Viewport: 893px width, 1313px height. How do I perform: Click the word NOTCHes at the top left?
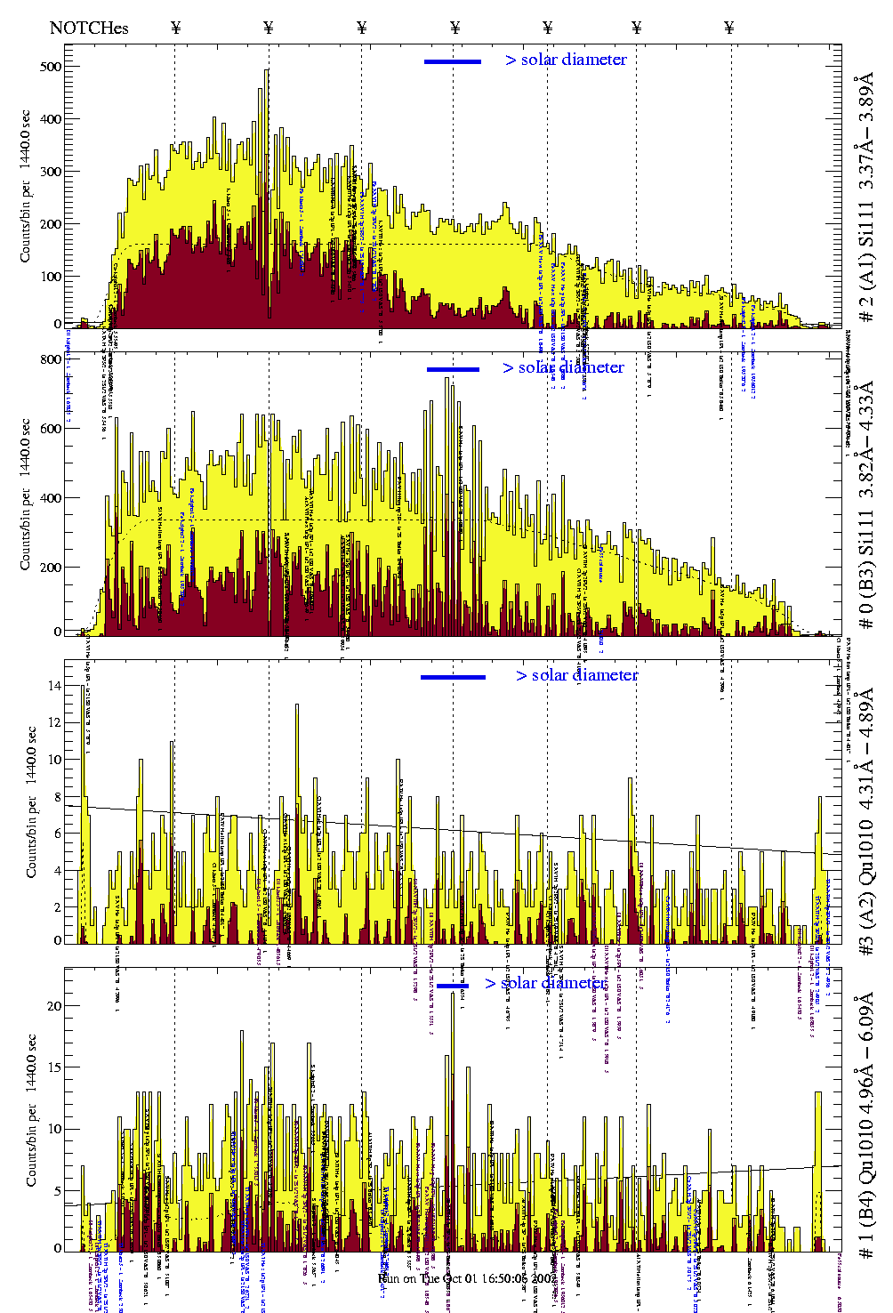click(89, 28)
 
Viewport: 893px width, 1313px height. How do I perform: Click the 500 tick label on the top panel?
click(51, 67)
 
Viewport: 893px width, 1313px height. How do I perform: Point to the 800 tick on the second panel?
click(51, 359)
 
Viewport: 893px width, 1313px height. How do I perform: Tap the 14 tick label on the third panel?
click(55, 686)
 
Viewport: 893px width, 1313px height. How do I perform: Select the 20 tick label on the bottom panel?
click(55, 1006)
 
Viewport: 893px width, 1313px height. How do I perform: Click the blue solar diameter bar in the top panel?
click(452, 61)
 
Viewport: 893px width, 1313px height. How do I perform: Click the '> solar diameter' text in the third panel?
click(576, 675)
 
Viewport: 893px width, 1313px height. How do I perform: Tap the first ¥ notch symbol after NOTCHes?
click(176, 28)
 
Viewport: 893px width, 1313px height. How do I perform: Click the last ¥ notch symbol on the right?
click(729, 28)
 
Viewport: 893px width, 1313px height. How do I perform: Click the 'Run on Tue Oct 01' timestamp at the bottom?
click(466, 1278)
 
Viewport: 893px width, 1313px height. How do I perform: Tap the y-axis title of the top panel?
click(25, 186)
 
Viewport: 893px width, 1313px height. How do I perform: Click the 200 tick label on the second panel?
click(51, 568)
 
